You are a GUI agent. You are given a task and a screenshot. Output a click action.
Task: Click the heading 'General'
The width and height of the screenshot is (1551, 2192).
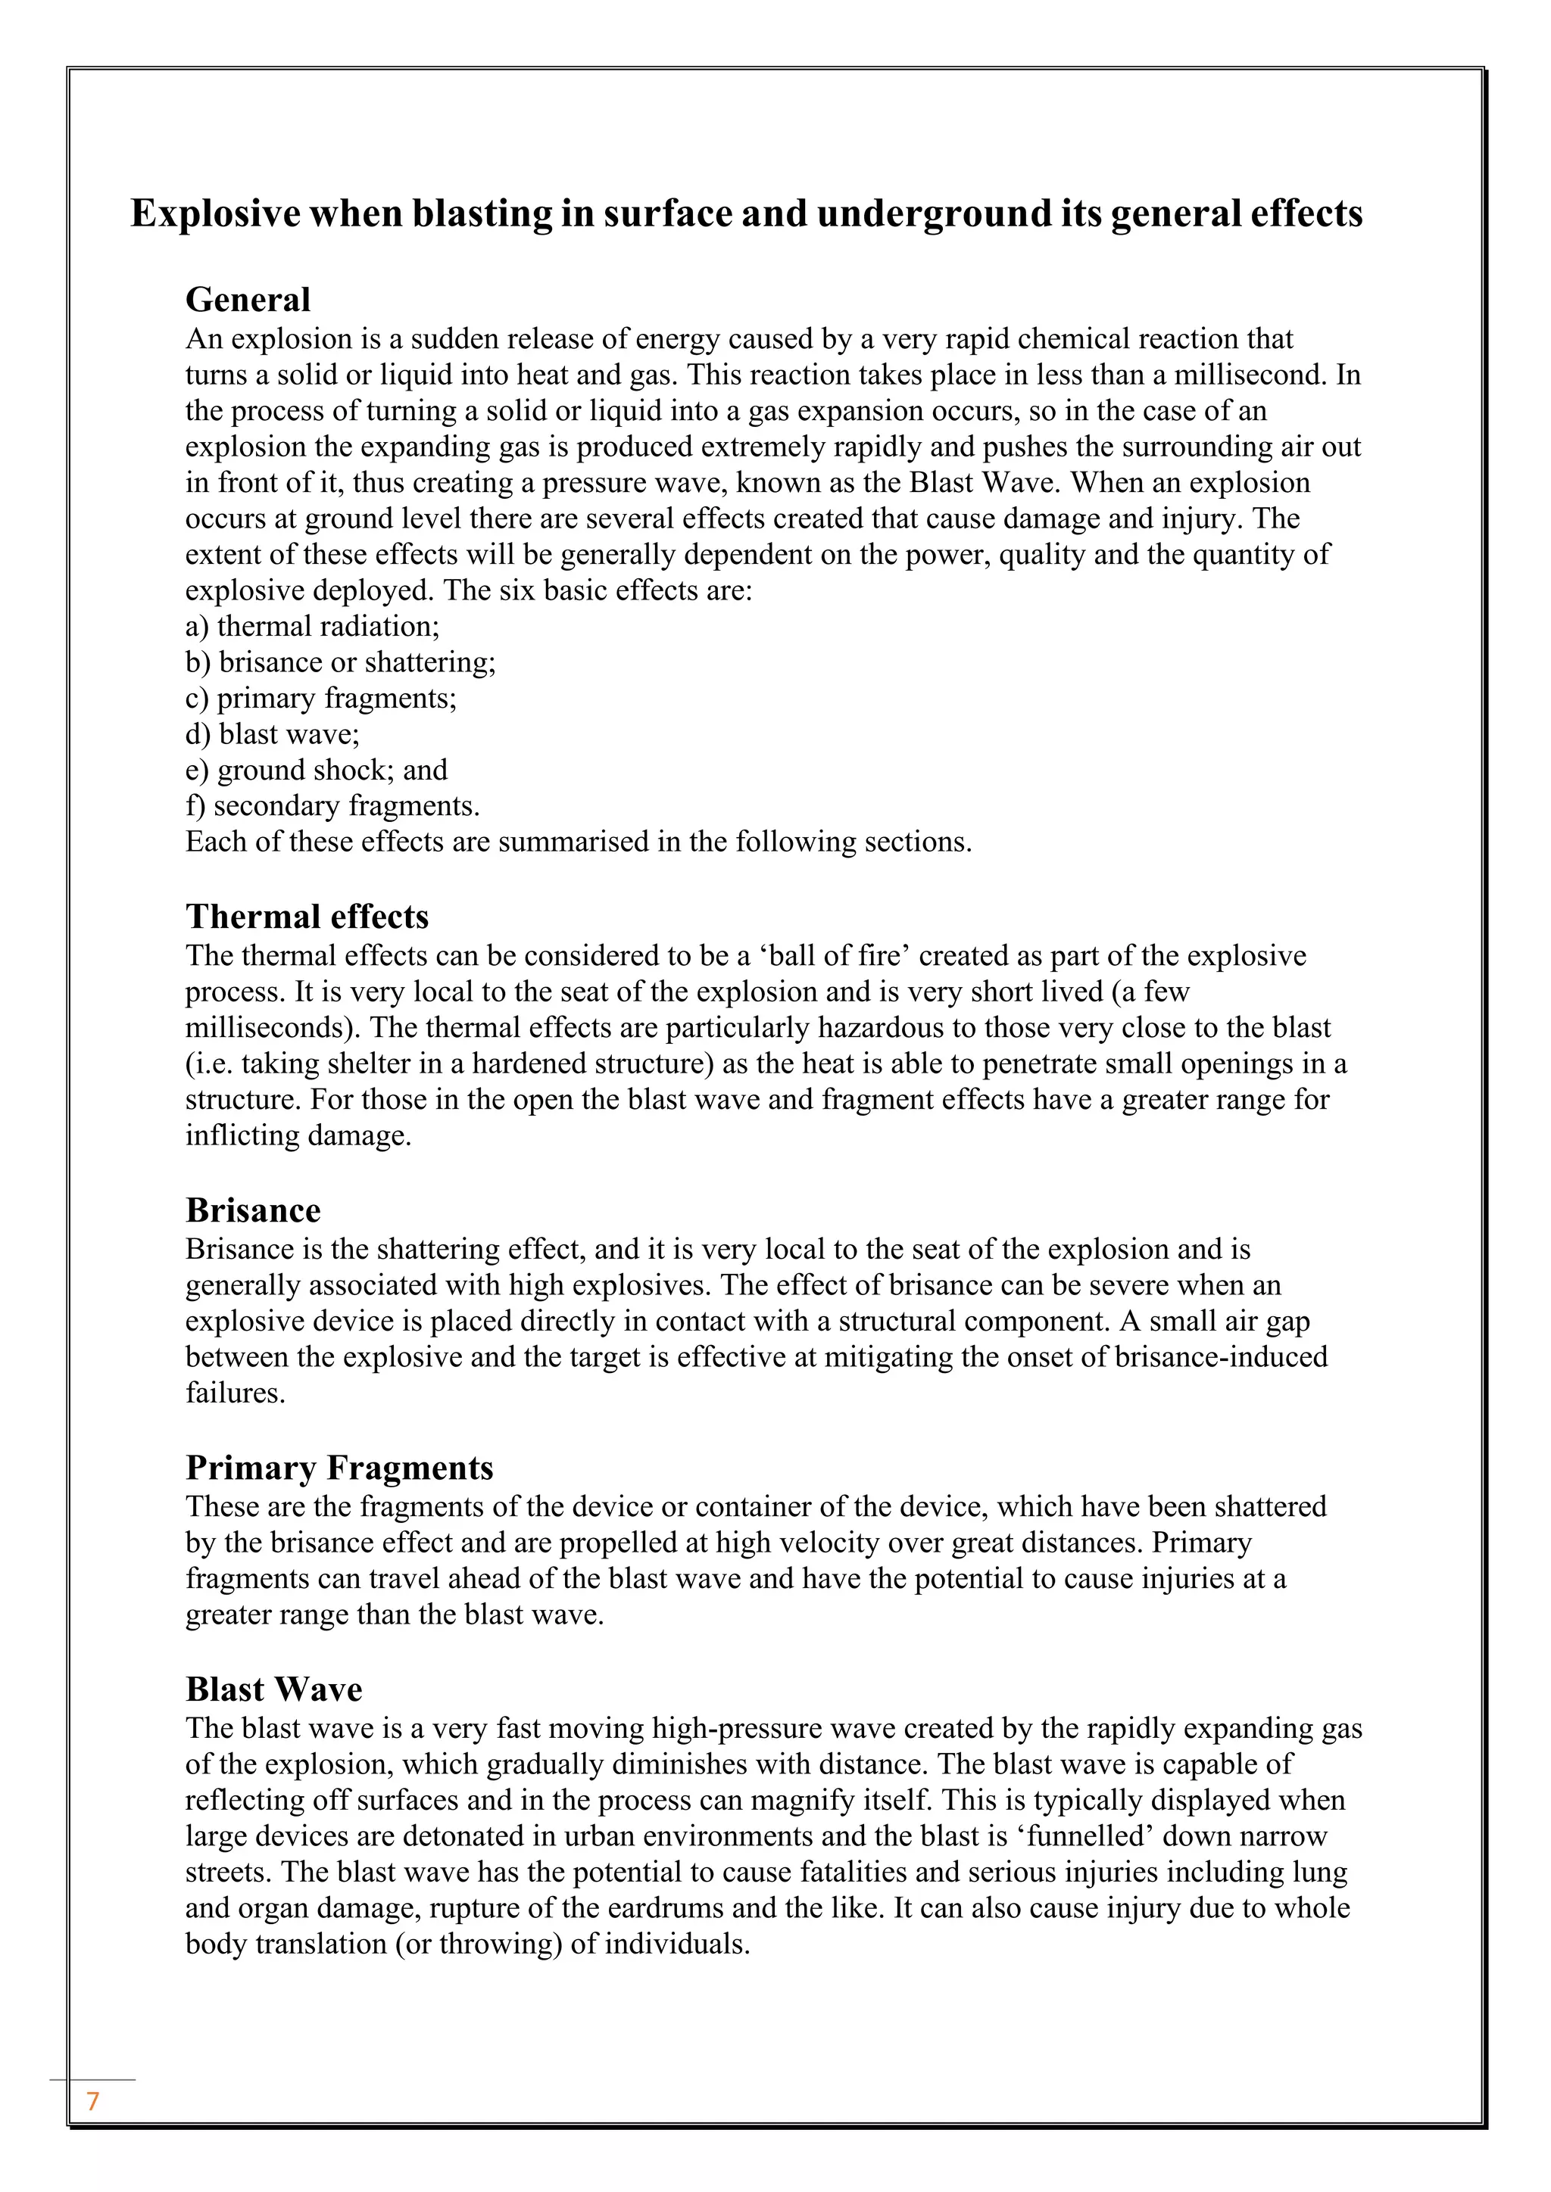pyautogui.click(x=248, y=300)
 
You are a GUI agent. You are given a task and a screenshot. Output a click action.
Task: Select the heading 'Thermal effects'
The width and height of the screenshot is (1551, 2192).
pyautogui.click(x=307, y=917)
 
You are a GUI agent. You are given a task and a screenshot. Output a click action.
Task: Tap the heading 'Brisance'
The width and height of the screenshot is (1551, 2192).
pyautogui.click(x=252, y=1210)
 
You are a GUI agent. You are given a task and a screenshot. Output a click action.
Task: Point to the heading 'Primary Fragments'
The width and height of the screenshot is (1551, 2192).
pyautogui.click(x=339, y=1468)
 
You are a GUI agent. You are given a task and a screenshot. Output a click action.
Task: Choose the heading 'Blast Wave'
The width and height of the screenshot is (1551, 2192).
pyautogui.click(x=273, y=1689)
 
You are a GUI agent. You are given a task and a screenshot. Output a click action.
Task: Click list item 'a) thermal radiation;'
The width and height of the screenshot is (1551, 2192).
pyautogui.click(x=312, y=626)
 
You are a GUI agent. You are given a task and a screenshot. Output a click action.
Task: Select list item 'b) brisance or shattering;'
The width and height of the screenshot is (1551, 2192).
pyautogui.click(x=340, y=662)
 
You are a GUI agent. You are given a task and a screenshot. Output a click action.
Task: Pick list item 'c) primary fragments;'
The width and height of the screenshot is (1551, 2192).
pyautogui.click(x=321, y=698)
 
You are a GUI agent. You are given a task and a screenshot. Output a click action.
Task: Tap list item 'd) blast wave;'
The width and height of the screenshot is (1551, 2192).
pyautogui.click(x=272, y=734)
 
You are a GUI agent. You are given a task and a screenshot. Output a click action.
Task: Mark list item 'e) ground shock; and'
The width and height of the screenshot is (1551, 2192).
pyautogui.click(x=316, y=771)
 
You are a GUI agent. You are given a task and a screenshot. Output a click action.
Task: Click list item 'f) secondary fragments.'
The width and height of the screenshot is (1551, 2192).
pyautogui.click(x=332, y=806)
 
